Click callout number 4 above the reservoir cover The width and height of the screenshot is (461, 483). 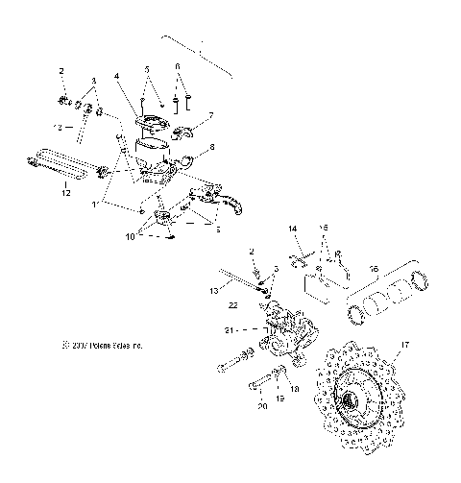tap(116, 75)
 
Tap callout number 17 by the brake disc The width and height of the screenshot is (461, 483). tap(405, 344)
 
